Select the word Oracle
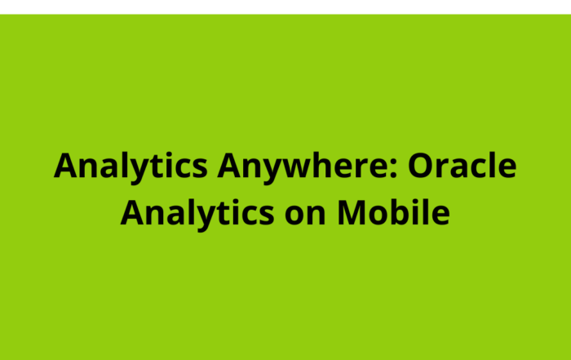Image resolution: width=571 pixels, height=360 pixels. coord(462,166)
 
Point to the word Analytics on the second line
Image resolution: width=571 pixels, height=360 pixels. coord(197,213)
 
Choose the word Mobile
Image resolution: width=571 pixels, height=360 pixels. coord(393,213)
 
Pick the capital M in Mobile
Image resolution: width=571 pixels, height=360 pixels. coord(352,213)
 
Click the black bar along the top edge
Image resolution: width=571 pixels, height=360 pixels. coord(285,6)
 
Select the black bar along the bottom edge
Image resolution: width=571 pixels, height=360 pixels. coord(285,357)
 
